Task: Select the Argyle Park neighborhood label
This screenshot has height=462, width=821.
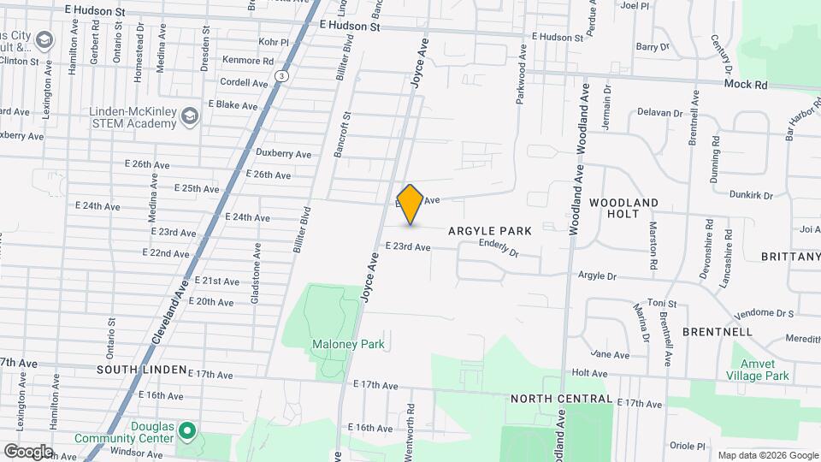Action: click(x=490, y=231)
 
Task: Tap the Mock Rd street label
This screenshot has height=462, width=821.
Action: click(x=746, y=85)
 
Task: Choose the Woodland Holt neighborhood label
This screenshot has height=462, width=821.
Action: click(x=623, y=208)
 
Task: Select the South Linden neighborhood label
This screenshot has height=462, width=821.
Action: click(x=142, y=370)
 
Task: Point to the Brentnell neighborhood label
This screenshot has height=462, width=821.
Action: click(x=718, y=331)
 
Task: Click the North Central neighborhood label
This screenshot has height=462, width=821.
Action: click(x=561, y=400)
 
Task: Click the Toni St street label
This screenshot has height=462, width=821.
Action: click(x=661, y=304)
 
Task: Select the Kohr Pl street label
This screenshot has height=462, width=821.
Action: click(x=274, y=41)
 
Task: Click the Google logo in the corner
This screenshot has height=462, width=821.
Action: click(x=27, y=451)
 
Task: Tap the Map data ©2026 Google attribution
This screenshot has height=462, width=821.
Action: click(x=767, y=455)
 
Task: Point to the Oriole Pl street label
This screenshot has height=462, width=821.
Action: click(x=688, y=446)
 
